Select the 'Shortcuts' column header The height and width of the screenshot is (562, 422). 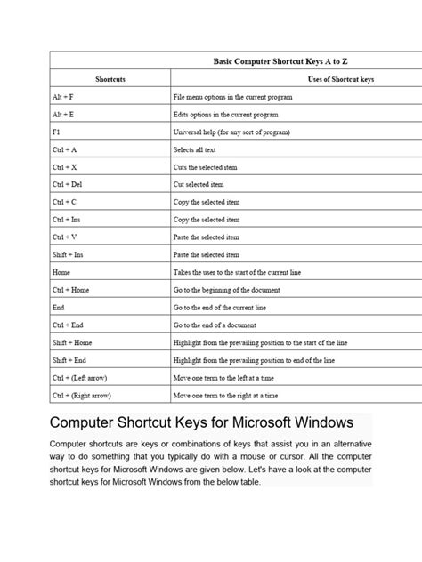pyautogui.click(x=110, y=80)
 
